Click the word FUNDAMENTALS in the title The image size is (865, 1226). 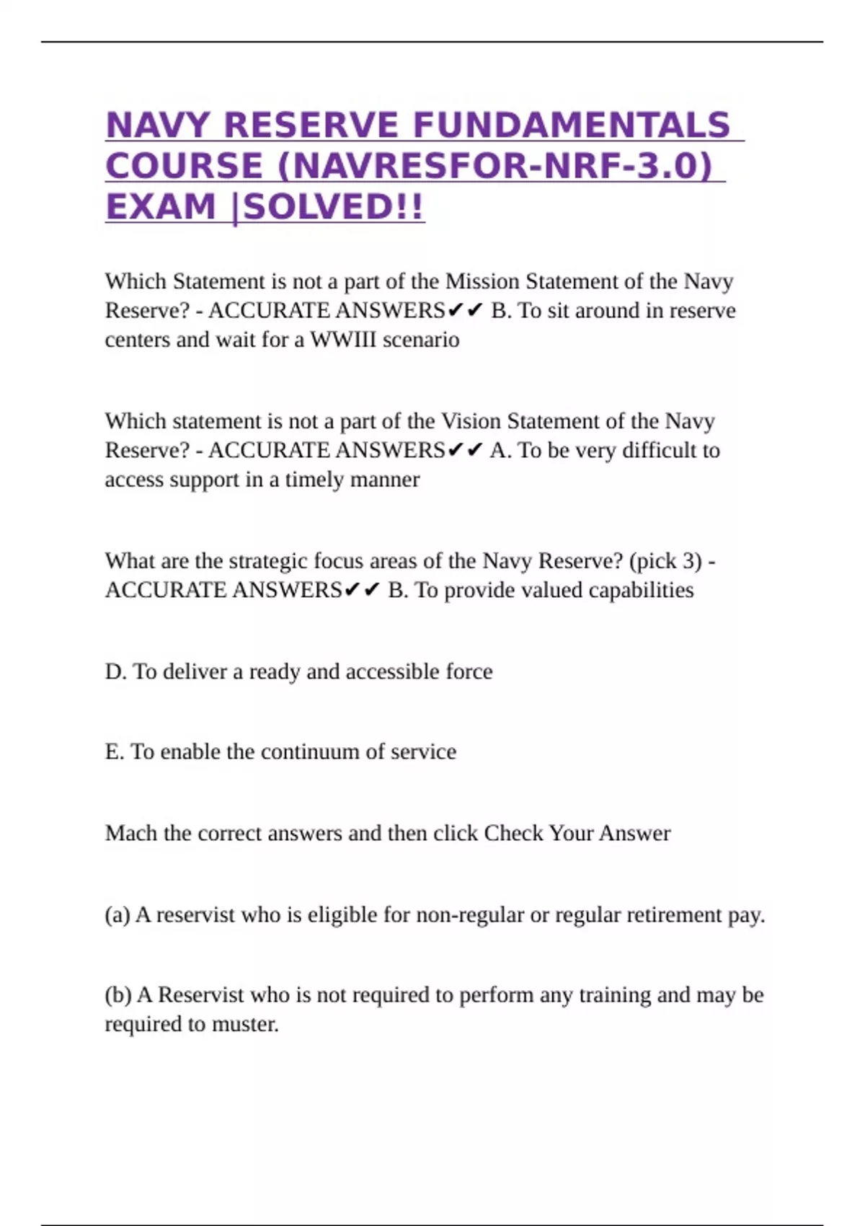572,125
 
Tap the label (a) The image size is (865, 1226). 117,915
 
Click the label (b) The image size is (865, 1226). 117,995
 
